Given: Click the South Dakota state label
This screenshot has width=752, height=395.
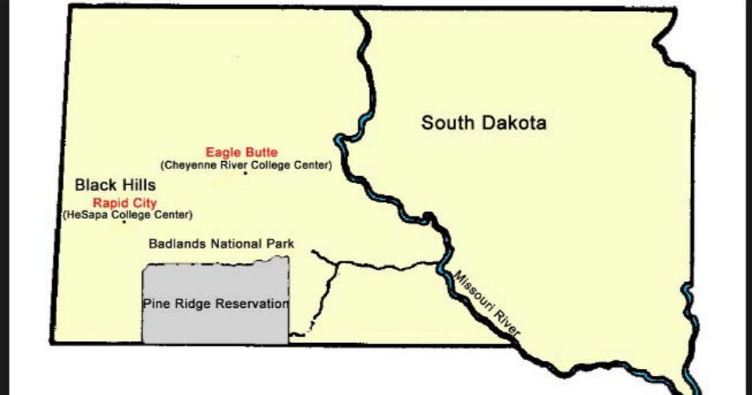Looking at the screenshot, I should tap(483, 123).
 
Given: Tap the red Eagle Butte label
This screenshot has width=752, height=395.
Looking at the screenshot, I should tap(242, 152).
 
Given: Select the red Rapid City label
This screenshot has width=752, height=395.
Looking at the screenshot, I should tap(125, 203).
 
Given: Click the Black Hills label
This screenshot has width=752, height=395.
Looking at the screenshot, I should tap(115, 186).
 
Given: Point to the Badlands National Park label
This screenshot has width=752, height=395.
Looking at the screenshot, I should tap(221, 244).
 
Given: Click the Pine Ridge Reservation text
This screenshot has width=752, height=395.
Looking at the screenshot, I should tap(215, 304).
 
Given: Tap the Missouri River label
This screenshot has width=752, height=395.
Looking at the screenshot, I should tap(484, 305).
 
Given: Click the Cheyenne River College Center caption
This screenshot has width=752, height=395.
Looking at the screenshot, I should tap(246, 165).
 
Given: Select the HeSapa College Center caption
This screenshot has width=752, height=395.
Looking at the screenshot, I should tap(127, 215).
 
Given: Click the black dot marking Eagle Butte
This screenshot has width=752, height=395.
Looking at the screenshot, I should tap(245, 173).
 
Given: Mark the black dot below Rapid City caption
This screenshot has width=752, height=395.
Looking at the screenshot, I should tap(124, 222).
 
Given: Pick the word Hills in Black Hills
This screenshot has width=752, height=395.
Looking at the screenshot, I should tap(138, 186).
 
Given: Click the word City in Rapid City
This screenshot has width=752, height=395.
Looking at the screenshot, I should tap(145, 203).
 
